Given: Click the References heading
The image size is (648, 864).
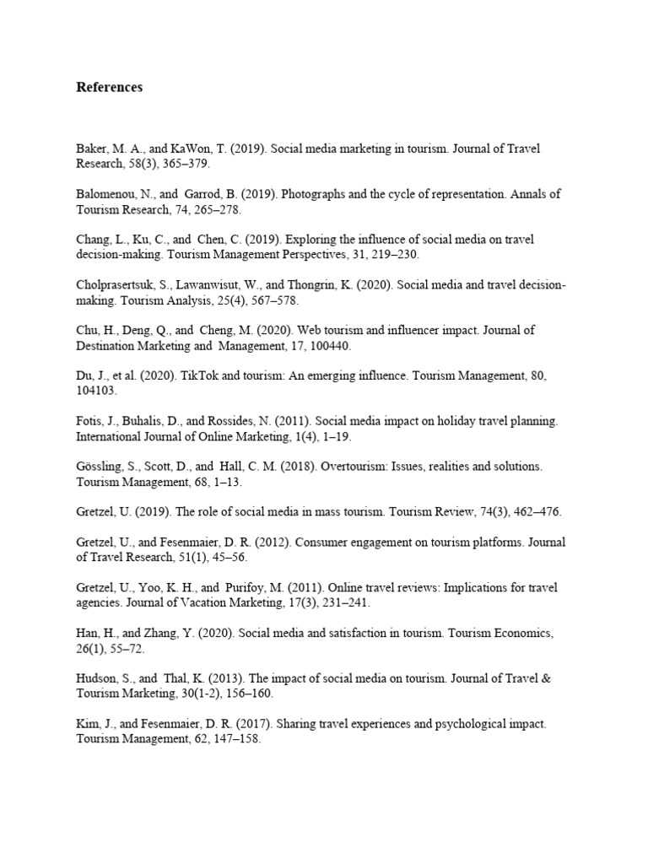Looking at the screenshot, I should click(110, 87).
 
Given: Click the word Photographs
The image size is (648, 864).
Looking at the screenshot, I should click(313, 194).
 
